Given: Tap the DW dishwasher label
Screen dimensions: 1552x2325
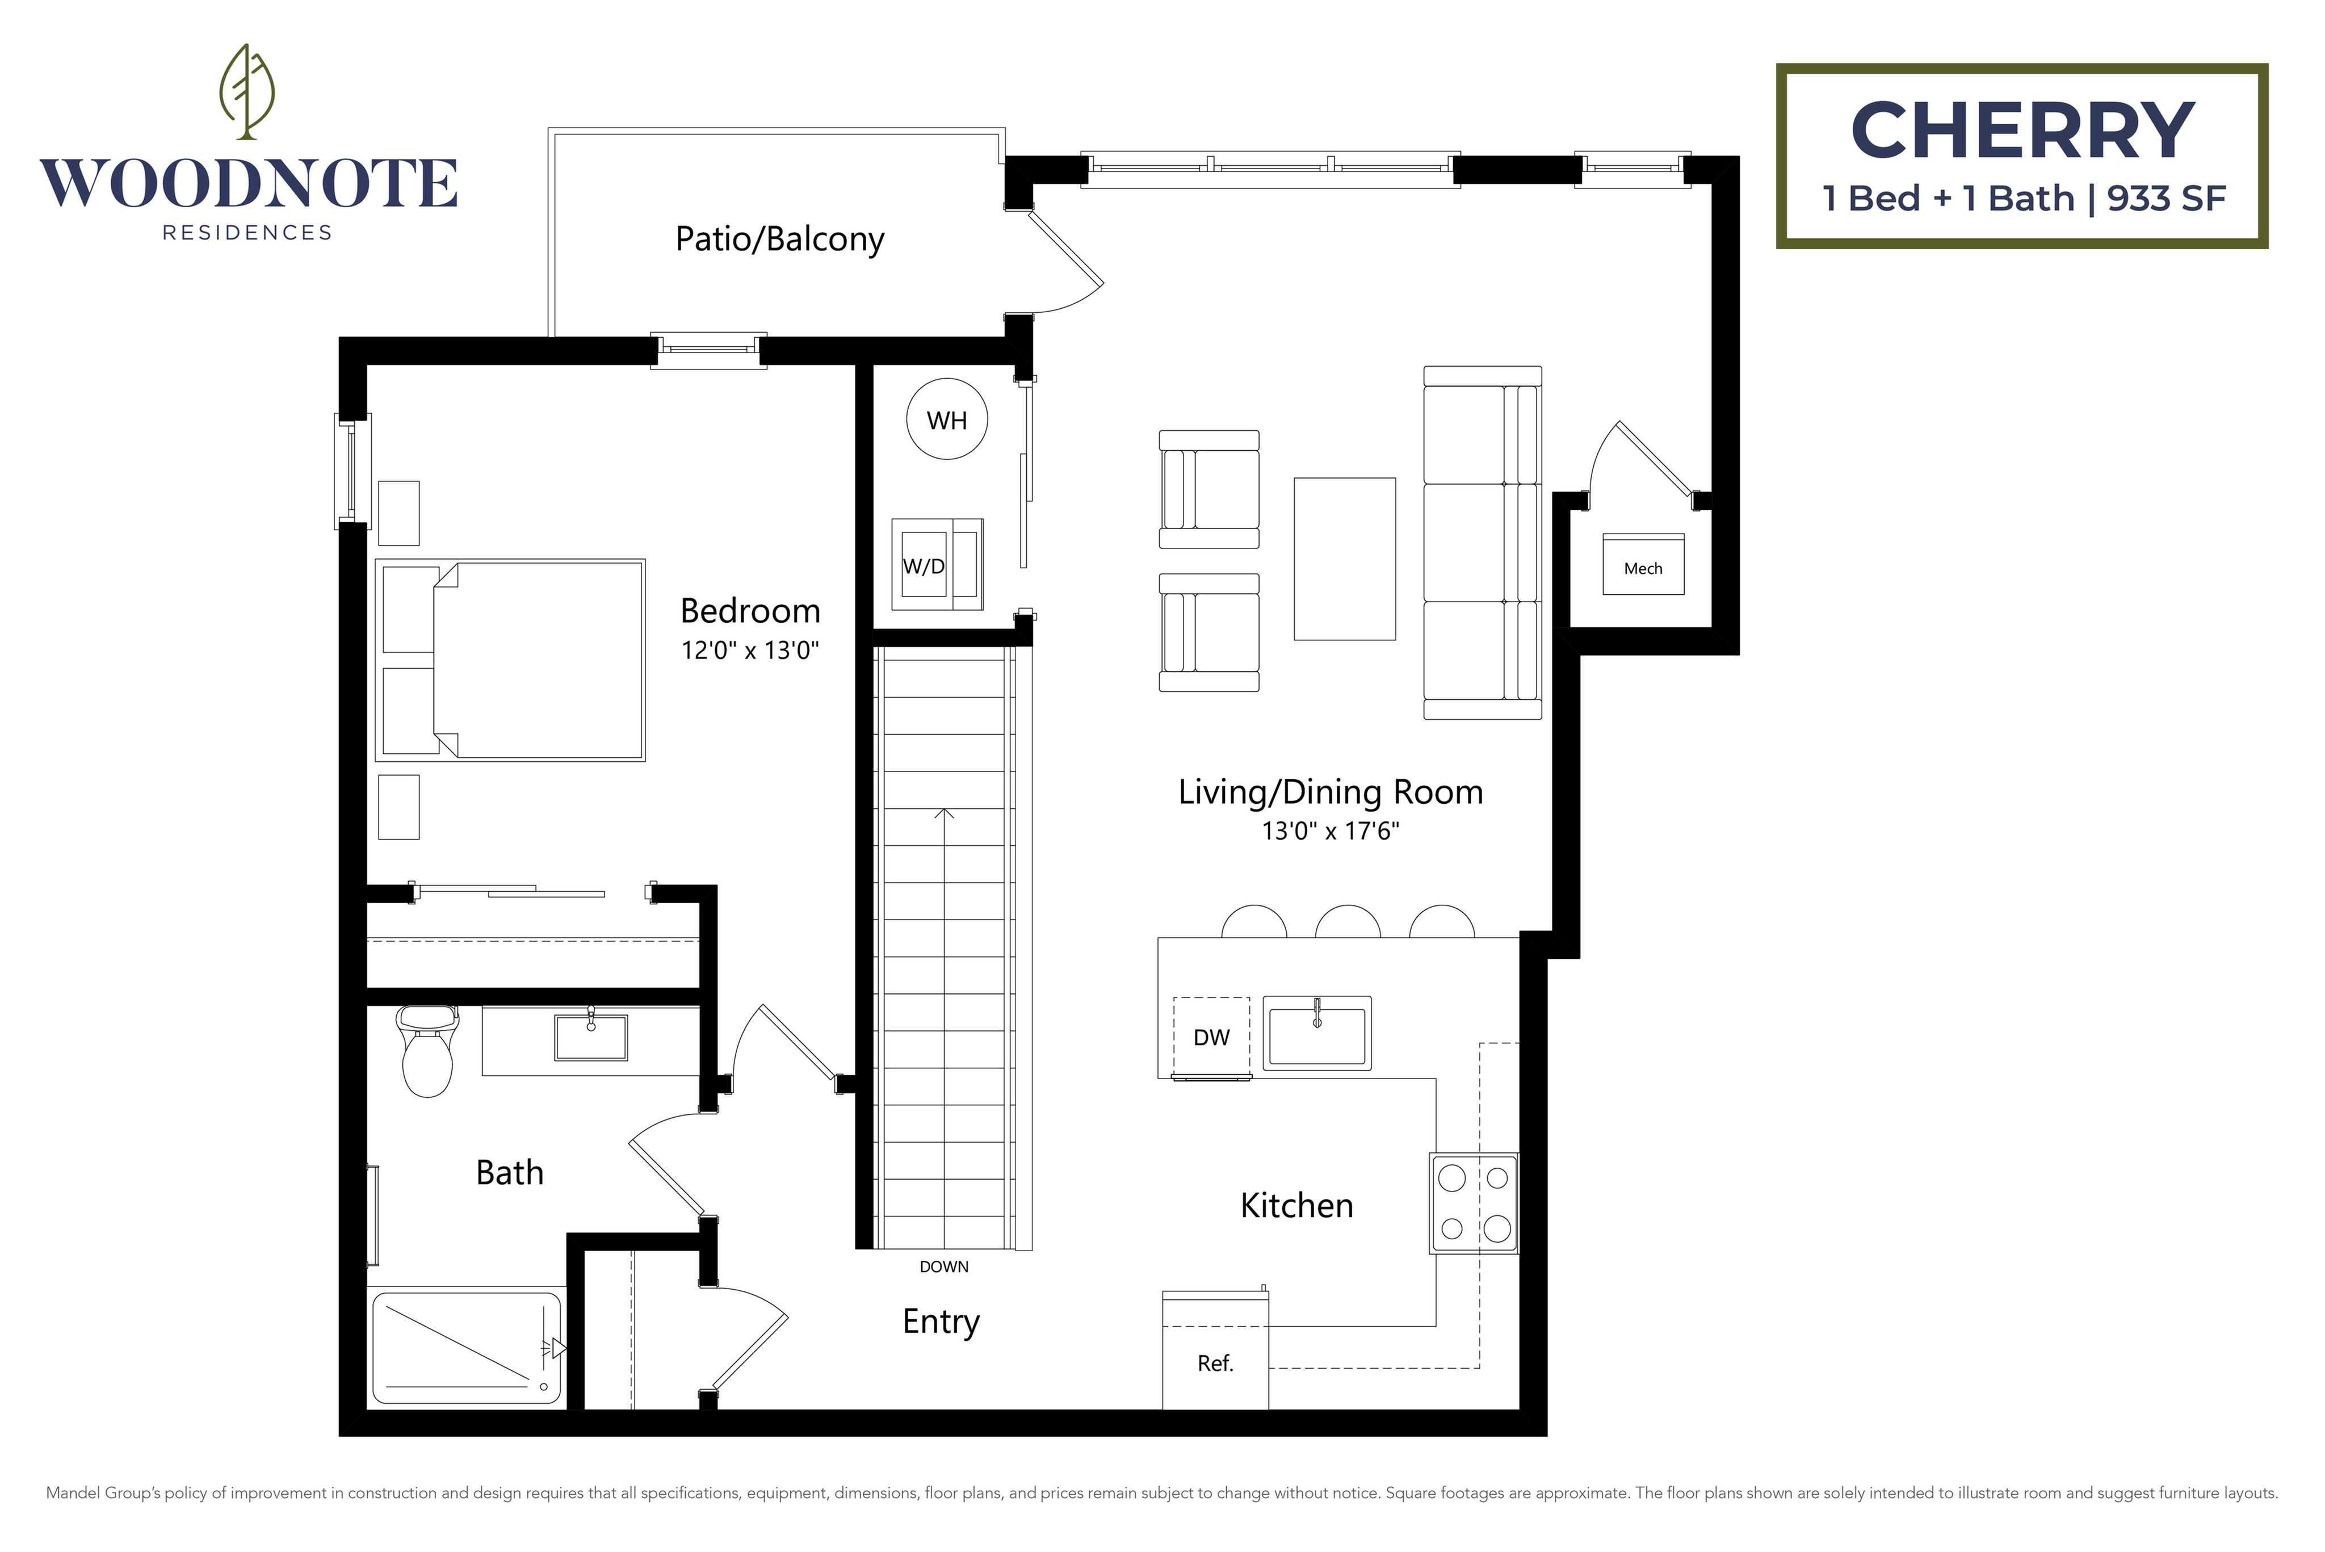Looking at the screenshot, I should (x=1211, y=1037).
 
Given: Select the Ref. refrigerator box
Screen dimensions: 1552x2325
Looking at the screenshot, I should (x=1215, y=1363).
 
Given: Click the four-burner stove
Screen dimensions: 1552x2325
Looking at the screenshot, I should (x=1473, y=1203).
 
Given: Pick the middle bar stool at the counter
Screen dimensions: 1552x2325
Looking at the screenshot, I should (x=1347, y=922).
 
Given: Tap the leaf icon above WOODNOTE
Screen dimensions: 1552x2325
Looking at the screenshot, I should (x=246, y=90).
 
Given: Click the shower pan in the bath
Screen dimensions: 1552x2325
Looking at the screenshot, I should (x=465, y=1345).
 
